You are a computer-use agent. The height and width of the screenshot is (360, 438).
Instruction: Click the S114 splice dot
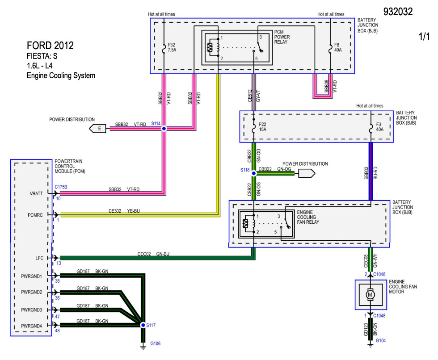tap(164, 128)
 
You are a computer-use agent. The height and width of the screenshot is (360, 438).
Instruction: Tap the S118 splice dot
tap(254, 173)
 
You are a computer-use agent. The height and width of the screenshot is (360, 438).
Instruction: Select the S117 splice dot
tap(143, 325)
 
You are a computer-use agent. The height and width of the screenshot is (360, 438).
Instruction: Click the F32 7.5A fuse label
tap(172, 47)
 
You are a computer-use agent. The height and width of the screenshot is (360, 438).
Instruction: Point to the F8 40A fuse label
tap(338, 47)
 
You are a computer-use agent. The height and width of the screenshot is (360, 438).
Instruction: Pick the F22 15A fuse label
tap(263, 127)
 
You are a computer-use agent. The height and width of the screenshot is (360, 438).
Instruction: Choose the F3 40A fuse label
tap(379, 127)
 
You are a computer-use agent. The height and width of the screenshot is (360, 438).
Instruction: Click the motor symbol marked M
tap(370, 295)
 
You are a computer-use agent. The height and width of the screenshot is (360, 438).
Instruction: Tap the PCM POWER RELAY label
tap(282, 37)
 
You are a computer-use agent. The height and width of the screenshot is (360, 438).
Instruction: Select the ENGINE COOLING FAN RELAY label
tap(308, 217)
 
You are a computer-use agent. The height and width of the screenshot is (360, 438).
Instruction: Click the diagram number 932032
tap(398, 12)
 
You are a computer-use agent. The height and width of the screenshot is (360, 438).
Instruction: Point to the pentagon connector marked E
tap(97, 128)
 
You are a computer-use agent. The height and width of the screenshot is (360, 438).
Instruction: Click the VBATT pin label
tap(36, 193)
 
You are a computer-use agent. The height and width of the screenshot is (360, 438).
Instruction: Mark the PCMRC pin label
tap(35, 215)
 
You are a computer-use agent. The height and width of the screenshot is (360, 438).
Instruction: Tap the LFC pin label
tap(39, 258)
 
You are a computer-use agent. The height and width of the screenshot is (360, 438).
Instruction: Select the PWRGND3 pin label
tap(32, 310)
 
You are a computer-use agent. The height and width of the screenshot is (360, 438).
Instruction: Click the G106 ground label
tap(156, 343)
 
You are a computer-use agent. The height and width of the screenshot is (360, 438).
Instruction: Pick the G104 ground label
tap(381, 340)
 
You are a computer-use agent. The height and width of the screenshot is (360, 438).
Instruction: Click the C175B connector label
tap(61, 187)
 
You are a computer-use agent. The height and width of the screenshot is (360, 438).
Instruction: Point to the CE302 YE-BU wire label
tap(124, 211)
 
